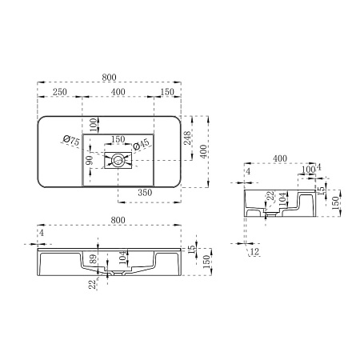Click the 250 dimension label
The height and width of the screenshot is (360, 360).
click(x=59, y=92)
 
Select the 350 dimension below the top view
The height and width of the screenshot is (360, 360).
click(x=145, y=193)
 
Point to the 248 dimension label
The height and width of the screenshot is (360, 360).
click(x=188, y=138)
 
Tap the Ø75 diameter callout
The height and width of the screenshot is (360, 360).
click(x=72, y=141)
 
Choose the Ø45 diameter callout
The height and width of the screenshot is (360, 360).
click(x=141, y=145)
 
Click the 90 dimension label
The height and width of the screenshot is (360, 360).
click(x=90, y=160)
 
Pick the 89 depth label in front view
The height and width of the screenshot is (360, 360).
click(x=93, y=258)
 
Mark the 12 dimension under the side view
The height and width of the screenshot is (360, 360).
click(x=255, y=251)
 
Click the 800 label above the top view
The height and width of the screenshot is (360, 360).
click(x=109, y=78)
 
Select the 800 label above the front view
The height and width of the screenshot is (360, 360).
click(x=118, y=220)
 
